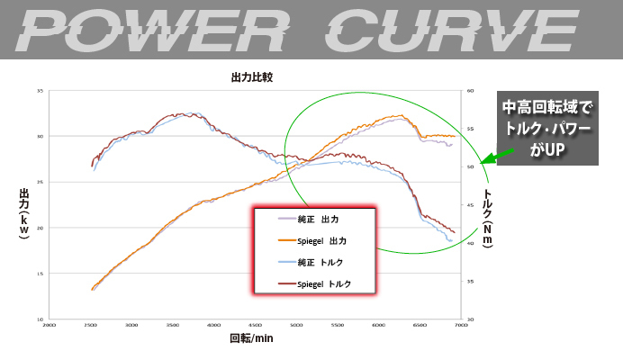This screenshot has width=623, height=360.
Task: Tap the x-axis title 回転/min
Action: point(251,339)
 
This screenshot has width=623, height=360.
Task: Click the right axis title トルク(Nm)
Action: point(489,220)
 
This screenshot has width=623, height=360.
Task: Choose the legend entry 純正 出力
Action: point(311,219)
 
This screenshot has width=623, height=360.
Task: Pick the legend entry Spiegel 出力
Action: point(311,240)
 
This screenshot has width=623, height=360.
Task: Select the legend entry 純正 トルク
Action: point(311,262)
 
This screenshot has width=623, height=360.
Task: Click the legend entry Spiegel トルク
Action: point(311,283)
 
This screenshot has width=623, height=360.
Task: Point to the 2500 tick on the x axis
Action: point(90,324)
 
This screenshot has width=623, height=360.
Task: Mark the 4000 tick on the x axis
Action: point(213,324)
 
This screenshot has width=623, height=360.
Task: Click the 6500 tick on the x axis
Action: point(419,324)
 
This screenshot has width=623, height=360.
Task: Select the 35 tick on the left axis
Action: point(40,91)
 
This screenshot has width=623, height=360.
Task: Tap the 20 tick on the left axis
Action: point(40,229)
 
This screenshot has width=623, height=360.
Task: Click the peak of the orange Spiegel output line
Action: point(400,115)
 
